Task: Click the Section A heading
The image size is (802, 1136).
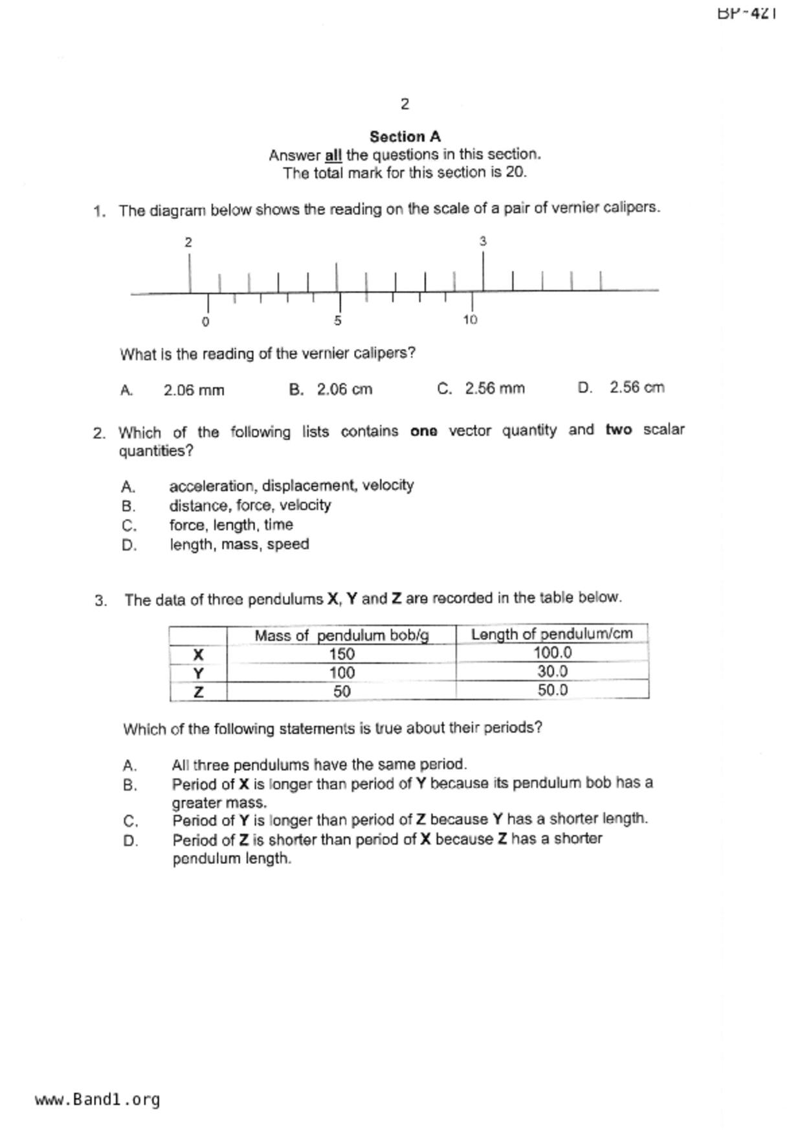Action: [405, 137]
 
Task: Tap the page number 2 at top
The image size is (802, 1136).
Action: [405, 104]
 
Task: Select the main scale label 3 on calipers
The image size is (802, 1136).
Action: [483, 241]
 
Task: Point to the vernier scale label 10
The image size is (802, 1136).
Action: [470, 319]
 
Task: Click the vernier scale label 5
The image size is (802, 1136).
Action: [338, 320]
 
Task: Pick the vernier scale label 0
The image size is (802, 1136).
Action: [206, 321]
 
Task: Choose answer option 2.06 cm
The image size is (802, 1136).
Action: [344, 389]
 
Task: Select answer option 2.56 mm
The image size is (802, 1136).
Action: [495, 389]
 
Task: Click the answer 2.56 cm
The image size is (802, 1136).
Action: [636, 387]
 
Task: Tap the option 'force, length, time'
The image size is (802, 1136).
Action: [231, 525]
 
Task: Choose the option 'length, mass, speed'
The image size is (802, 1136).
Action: [239, 544]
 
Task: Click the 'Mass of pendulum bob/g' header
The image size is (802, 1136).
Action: [341, 635]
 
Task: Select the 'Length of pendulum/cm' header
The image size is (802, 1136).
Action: [551, 634]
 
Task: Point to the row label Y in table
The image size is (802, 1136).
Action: [199, 673]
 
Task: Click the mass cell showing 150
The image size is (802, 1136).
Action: [341, 653]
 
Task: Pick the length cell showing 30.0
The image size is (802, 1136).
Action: [552, 672]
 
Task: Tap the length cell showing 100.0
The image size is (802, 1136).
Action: [552, 653]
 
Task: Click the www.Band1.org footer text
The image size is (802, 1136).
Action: [98, 1100]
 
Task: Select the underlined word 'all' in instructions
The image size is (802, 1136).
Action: [333, 155]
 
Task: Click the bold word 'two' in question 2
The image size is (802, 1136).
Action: [618, 430]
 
